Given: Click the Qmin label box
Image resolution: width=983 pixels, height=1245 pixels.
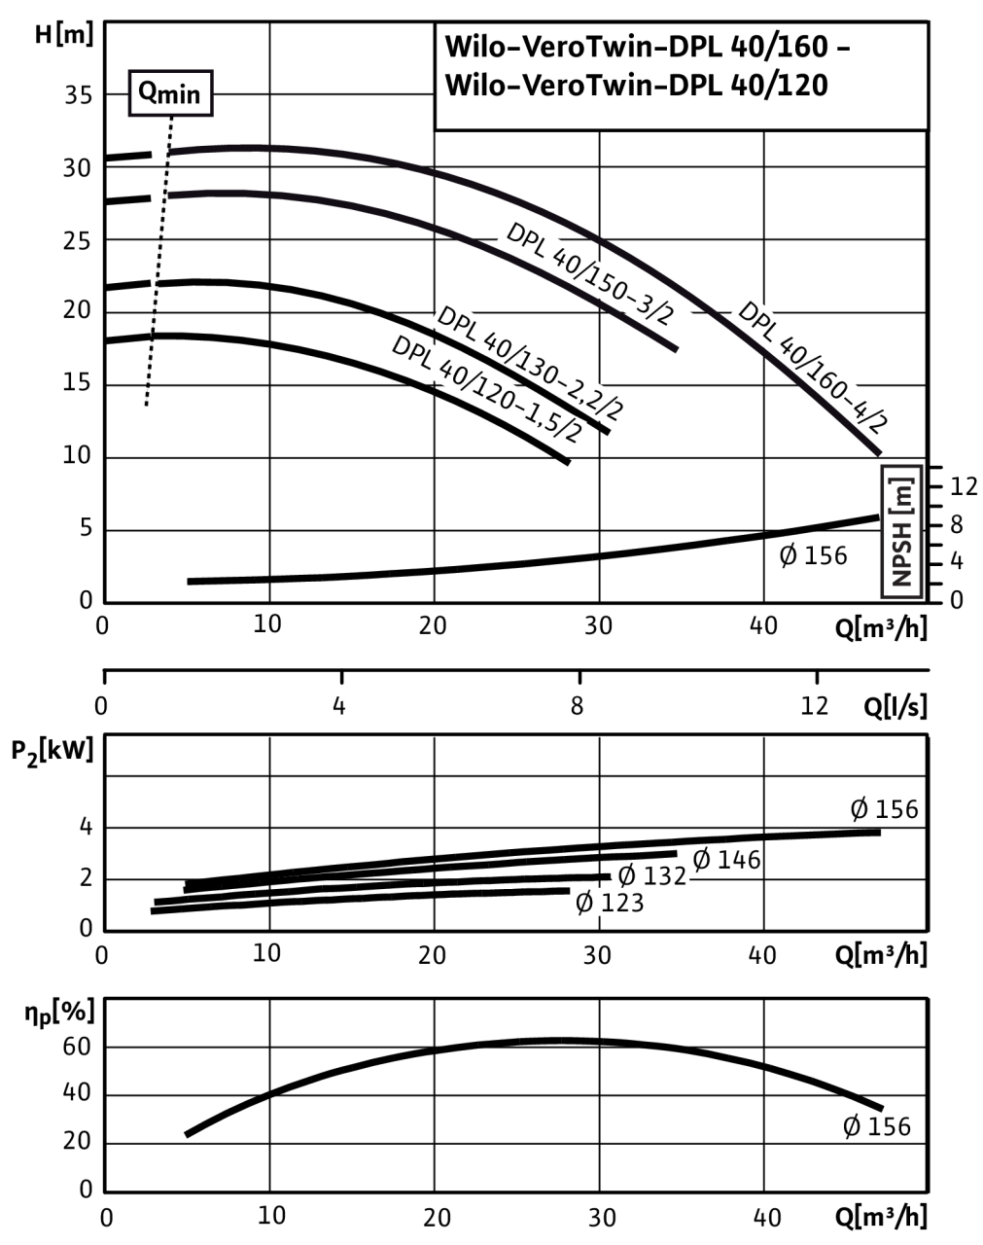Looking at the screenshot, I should [171, 94].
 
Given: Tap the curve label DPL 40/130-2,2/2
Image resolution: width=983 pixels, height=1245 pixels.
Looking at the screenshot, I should [531, 362].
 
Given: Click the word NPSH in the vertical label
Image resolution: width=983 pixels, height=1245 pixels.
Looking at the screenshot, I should [901, 553].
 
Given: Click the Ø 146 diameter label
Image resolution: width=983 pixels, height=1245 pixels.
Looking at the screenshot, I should [725, 860].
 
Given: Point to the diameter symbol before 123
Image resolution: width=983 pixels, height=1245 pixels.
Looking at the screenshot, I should [584, 903].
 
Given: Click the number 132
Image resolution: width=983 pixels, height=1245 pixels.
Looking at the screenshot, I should [665, 875].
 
